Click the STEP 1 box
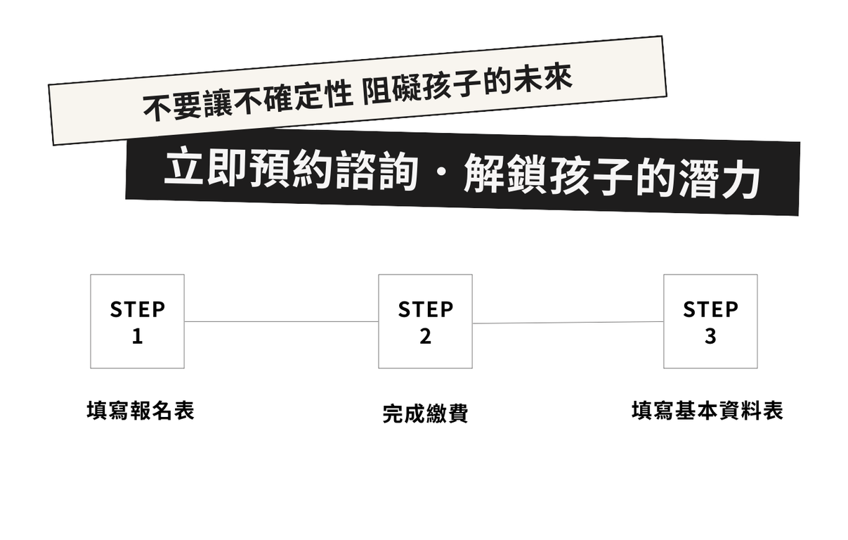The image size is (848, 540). (138, 321)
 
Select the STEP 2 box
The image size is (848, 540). (426, 321)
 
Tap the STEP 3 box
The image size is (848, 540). (710, 321)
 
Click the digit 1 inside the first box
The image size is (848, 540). (138, 337)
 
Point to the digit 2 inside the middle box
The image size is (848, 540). (426, 337)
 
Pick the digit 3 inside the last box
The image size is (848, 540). (710, 337)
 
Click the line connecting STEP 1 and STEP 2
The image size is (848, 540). (281, 322)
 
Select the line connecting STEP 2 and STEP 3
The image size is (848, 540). (568, 323)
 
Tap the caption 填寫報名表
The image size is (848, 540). (141, 411)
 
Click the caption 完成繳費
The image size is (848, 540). (426, 413)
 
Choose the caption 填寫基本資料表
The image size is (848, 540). (707, 411)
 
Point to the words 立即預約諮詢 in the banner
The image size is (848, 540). (291, 169)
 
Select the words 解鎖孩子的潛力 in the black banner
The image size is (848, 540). (611, 176)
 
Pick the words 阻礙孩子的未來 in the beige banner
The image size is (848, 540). (467, 85)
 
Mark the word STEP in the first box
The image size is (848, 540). (138, 309)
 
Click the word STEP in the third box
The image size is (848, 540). (710, 309)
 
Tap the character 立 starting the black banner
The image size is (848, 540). (183, 167)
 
